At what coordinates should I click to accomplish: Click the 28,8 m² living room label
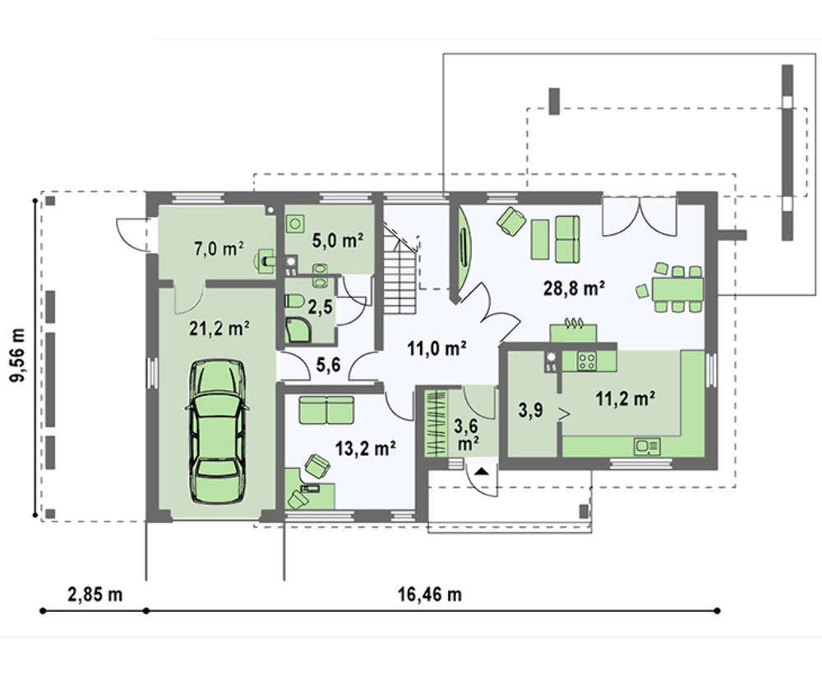(x=574, y=287)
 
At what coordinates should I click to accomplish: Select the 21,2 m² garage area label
(x=219, y=329)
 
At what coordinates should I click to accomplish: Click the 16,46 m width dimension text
(x=429, y=595)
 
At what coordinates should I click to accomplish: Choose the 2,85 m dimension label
(x=95, y=595)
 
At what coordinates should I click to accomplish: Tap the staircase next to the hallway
(x=402, y=271)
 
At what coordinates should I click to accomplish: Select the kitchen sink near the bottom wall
(x=648, y=447)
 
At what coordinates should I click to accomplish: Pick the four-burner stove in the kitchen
(x=586, y=361)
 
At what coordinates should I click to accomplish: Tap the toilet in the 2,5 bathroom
(x=294, y=301)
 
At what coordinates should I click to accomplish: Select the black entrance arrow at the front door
(x=481, y=471)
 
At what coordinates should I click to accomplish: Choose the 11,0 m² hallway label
(x=437, y=348)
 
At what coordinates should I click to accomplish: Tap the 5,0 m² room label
(x=338, y=241)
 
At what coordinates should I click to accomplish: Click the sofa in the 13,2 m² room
(x=326, y=409)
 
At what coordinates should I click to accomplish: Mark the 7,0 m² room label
(x=219, y=248)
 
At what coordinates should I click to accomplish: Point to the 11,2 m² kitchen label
(x=625, y=399)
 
